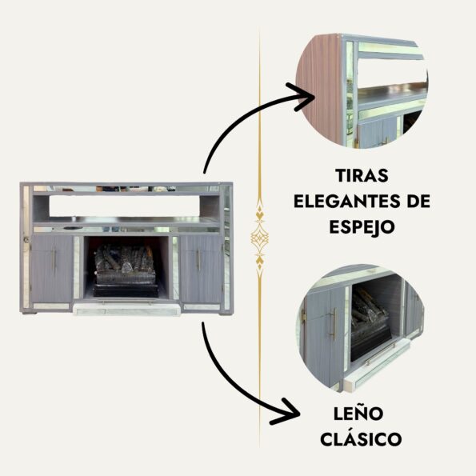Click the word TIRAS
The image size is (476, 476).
pyautogui.click(x=362, y=175)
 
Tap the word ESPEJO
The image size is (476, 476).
pyautogui.click(x=362, y=227)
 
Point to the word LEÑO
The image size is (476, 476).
pyautogui.click(x=358, y=413)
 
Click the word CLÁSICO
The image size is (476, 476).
pyautogui.click(x=361, y=438)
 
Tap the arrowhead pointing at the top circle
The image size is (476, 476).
pyautogui.click(x=302, y=97)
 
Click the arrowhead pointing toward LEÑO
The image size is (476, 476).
pyautogui.click(x=286, y=412)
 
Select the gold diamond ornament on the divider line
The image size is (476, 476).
pyautogui.click(x=259, y=238)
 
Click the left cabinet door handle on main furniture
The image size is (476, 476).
pyautogui.click(x=54, y=260)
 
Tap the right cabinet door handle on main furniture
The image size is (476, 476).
pyautogui.click(x=198, y=260)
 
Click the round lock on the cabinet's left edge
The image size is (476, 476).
pyautogui.click(x=26, y=240)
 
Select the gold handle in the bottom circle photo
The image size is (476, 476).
pyautogui.click(x=334, y=324)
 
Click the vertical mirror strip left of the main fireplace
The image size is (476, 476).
pyautogui.click(x=77, y=267)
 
